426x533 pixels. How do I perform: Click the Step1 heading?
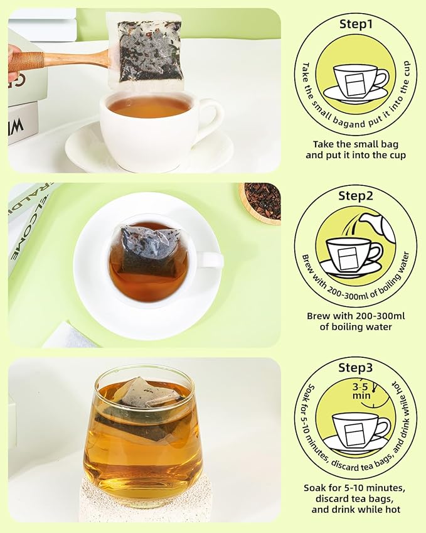(x=356, y=24)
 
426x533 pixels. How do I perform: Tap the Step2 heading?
(x=356, y=196)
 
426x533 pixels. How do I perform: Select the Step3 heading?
(x=356, y=367)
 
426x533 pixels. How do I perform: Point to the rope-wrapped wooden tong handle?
(x=26, y=60)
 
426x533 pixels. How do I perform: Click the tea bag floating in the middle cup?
(x=149, y=250)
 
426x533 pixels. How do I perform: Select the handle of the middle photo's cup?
(x=210, y=260)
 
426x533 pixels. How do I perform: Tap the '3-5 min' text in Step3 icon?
(x=361, y=391)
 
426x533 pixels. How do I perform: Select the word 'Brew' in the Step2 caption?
(x=318, y=316)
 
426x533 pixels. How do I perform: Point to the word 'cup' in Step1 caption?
(x=398, y=156)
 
